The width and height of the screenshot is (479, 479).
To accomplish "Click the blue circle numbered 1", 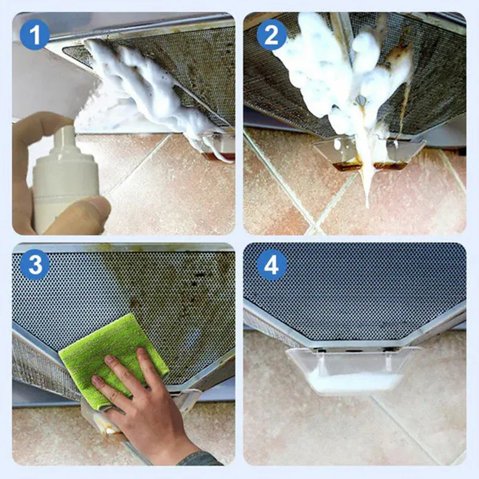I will (34, 34).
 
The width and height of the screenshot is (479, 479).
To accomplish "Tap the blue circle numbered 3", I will (34, 265).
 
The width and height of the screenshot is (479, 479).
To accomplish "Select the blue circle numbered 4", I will (272, 265).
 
